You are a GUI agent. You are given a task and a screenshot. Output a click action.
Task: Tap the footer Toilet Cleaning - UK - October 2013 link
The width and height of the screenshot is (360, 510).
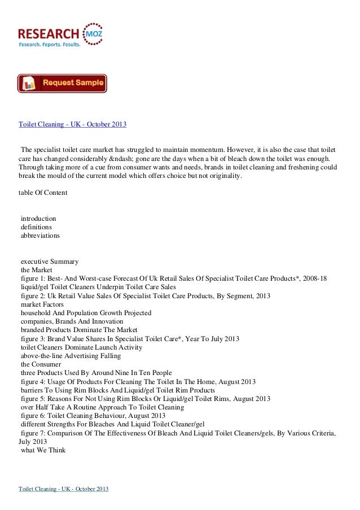64,487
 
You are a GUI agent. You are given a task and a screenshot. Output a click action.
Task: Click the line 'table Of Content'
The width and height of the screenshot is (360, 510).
43,193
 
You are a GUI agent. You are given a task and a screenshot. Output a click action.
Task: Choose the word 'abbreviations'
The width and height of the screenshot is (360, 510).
40,236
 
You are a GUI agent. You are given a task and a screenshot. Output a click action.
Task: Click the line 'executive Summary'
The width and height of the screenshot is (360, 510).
49,261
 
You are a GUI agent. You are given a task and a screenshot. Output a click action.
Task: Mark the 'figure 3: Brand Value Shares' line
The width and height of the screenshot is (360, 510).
130,339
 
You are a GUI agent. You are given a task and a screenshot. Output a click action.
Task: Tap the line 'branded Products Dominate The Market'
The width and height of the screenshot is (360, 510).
79,330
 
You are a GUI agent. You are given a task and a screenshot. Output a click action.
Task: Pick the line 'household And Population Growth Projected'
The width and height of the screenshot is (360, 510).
86,313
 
